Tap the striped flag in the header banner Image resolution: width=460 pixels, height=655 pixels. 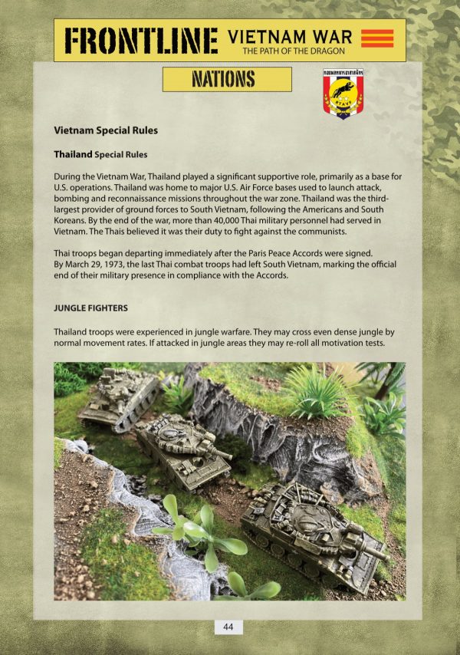[376, 38]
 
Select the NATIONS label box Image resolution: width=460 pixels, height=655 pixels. [227, 79]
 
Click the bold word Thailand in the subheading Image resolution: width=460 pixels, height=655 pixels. [73, 154]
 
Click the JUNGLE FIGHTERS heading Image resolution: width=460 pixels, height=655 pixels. [90, 308]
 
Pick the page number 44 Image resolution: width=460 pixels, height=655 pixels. [228, 627]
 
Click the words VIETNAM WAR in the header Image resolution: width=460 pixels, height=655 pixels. [291, 35]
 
